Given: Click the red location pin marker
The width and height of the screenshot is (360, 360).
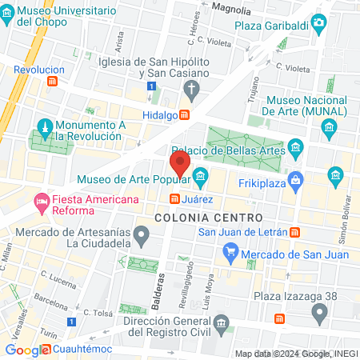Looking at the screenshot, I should click(180, 166).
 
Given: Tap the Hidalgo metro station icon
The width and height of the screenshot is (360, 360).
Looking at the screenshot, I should click(185, 115).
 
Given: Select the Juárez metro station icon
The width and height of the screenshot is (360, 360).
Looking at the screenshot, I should click(174, 198).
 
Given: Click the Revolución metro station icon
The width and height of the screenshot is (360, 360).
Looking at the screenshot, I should click(52, 82).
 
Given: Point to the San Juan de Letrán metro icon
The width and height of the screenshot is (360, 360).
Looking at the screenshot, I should click(296, 232).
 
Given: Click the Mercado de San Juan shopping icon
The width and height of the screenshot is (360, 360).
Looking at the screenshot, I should click(230, 255).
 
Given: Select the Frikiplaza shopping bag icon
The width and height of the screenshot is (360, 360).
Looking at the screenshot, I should click(297, 178).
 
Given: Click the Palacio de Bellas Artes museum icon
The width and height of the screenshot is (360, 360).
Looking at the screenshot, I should click(296, 147).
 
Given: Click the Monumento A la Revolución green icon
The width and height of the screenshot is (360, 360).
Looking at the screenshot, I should click(46, 127).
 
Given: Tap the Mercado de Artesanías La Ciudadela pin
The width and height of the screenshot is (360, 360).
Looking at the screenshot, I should click(142, 236).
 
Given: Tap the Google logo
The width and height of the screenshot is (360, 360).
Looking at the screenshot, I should click(26, 350).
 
